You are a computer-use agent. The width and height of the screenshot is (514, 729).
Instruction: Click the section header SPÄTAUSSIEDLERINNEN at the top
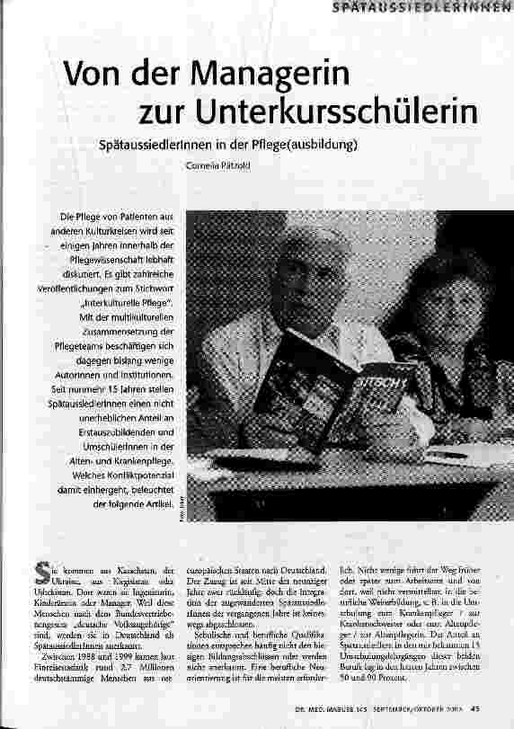click(x=421, y=9)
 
